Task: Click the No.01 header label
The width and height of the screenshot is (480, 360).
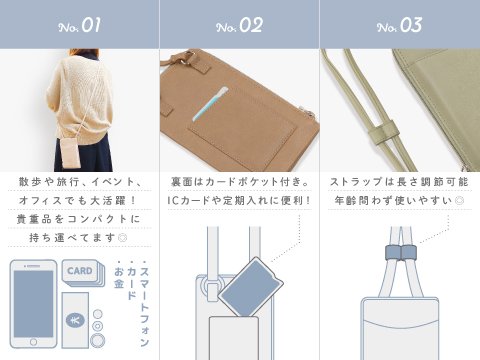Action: pyautogui.click(x=80, y=24)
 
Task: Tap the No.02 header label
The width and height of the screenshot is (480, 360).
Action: pyautogui.click(x=239, y=24)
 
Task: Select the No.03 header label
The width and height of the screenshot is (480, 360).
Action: pyautogui.click(x=399, y=24)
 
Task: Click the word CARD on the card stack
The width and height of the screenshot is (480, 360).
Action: pyautogui.click(x=80, y=271)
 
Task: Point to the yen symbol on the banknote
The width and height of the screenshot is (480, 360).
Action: pyautogui.click(x=75, y=319)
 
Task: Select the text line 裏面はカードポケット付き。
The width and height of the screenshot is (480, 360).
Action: pyautogui.click(x=239, y=182)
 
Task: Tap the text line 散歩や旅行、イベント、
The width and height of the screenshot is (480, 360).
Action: pyautogui.click(x=80, y=182)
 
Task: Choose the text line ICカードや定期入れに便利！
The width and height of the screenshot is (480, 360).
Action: pyautogui.click(x=239, y=200)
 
